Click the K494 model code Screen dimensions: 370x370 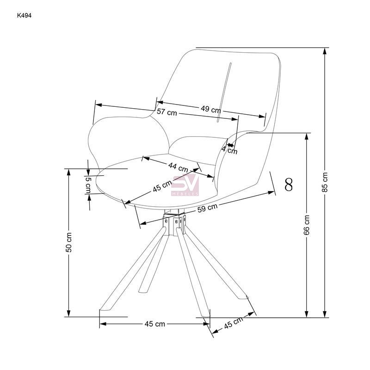(x=24, y=16)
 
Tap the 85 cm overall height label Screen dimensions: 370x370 (x=325, y=182)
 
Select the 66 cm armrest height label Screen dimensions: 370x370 (x=306, y=225)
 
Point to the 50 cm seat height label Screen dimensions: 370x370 (x=68, y=242)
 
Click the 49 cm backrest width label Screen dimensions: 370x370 (x=211, y=109)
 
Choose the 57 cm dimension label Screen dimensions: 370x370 (x=167, y=112)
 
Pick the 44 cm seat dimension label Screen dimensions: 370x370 (x=178, y=167)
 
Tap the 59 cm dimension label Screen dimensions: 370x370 (x=207, y=208)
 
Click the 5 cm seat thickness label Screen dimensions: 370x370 (x=88, y=185)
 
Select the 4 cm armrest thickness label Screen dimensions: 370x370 (x=229, y=149)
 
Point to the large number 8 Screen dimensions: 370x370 (x=289, y=184)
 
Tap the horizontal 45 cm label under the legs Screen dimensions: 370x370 (x=155, y=324)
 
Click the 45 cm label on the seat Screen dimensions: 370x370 (x=162, y=186)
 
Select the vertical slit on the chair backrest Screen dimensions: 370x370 (x=224, y=92)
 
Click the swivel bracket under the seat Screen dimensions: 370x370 (x=174, y=223)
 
